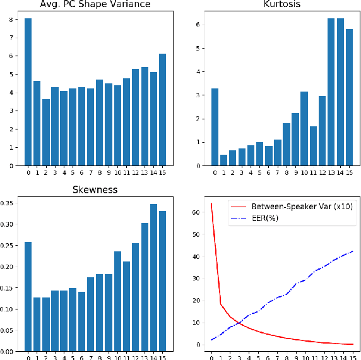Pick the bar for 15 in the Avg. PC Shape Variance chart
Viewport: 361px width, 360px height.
(x=163, y=110)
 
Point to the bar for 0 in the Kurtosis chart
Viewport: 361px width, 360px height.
(x=215, y=127)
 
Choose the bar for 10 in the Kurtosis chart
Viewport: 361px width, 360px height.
(x=304, y=129)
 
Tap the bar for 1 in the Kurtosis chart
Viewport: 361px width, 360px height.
(x=223, y=160)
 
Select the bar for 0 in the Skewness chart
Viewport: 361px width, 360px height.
(x=28, y=297)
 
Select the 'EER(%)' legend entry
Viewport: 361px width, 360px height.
(x=266, y=219)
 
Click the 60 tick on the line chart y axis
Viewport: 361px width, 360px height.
(x=196, y=213)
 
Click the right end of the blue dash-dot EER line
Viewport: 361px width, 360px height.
(x=352, y=251)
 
